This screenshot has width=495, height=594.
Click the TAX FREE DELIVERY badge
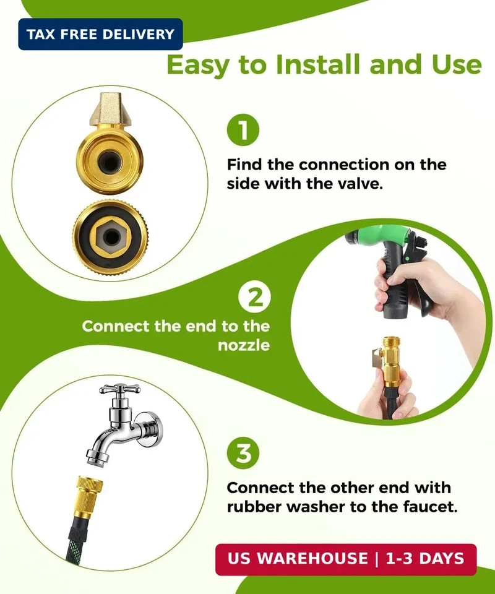point(100,34)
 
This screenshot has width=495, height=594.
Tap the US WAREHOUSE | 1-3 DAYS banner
point(346,559)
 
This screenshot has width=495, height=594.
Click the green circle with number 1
point(243,130)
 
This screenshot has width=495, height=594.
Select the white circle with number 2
point(254,298)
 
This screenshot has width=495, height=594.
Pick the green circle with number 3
point(243,454)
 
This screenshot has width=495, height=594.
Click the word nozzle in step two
point(244,345)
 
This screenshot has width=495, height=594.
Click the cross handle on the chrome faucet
point(119,389)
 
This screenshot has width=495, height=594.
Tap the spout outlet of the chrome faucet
point(98,458)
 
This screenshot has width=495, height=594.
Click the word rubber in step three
point(257,507)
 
